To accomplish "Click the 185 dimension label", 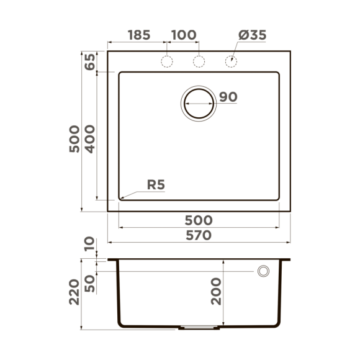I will (x=139, y=35).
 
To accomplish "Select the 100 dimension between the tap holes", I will (x=183, y=35).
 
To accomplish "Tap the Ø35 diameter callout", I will (x=251, y=35).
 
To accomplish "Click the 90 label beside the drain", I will (x=228, y=97).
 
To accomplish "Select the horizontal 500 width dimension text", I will (x=199, y=220).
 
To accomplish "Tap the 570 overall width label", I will (x=199, y=235).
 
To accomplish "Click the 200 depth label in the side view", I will (x=215, y=290).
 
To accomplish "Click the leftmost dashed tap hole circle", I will (x=166, y=61).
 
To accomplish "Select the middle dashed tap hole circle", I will (x=199, y=61).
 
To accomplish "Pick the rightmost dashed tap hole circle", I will (x=231, y=61).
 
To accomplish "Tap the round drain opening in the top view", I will (x=199, y=103).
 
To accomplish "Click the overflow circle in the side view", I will (x=263, y=271).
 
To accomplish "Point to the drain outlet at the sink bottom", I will (x=199, y=326).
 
